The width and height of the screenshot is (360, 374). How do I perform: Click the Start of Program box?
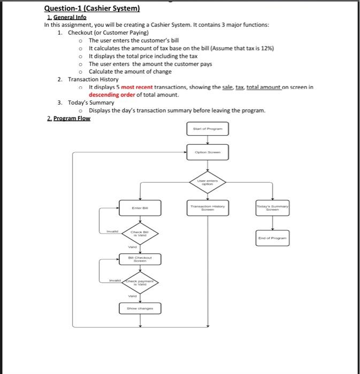pyautogui.click(x=208, y=129)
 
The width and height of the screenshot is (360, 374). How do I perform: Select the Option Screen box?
pyautogui.click(x=208, y=152)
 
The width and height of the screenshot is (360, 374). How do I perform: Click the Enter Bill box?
pyautogui.click(x=140, y=207)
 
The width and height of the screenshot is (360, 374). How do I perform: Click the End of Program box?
pyautogui.click(x=273, y=238)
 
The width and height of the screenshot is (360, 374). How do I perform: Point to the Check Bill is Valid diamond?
pyautogui.click(x=140, y=233)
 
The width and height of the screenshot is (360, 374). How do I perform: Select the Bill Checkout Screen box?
pyautogui.click(x=140, y=259)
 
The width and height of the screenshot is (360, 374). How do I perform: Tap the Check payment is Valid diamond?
pyautogui.click(x=140, y=283)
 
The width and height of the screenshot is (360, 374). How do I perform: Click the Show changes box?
pyautogui.click(x=140, y=308)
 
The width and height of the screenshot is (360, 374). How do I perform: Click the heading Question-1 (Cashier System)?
pyautogui.click(x=92, y=9)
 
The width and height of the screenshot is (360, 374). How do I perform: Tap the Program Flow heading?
pyautogui.click(x=68, y=118)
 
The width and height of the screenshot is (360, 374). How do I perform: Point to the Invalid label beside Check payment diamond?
pyautogui.click(x=116, y=279)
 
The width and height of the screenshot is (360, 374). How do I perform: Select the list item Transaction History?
pyautogui.click(x=93, y=79)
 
